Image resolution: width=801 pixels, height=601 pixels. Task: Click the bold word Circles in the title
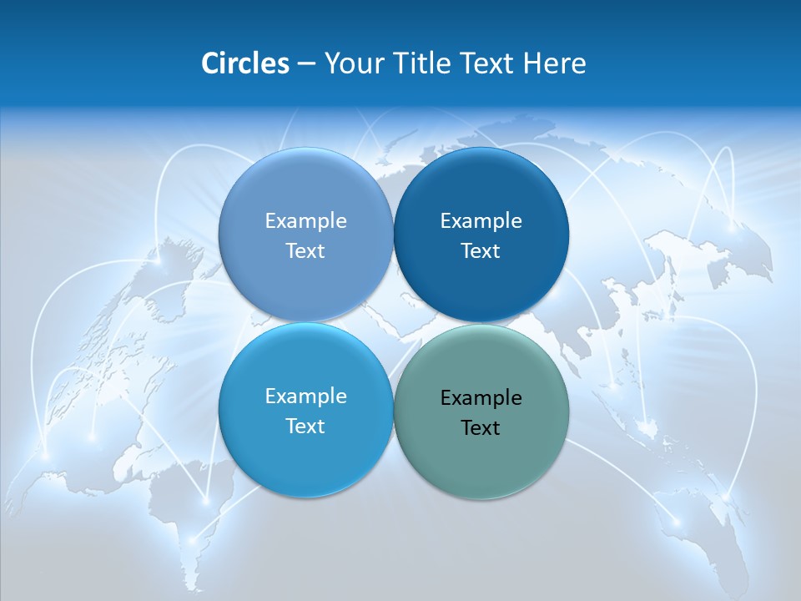pos(244,63)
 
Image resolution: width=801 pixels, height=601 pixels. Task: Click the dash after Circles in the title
pos(305,63)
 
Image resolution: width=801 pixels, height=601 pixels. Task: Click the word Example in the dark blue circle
pos(481,220)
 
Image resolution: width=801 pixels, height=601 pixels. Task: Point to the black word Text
pos(481,427)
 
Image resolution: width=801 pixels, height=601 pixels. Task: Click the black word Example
pos(481,397)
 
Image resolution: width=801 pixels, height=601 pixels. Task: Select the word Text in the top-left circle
pos(305,250)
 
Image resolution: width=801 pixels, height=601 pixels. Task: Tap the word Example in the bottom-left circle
pos(305,396)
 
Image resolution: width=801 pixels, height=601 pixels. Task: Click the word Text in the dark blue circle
pos(481,250)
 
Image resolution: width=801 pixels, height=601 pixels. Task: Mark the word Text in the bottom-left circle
pos(305,426)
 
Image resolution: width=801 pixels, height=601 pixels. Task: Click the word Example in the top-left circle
pos(305,220)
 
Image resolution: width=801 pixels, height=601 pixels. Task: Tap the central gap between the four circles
pos(393,322)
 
